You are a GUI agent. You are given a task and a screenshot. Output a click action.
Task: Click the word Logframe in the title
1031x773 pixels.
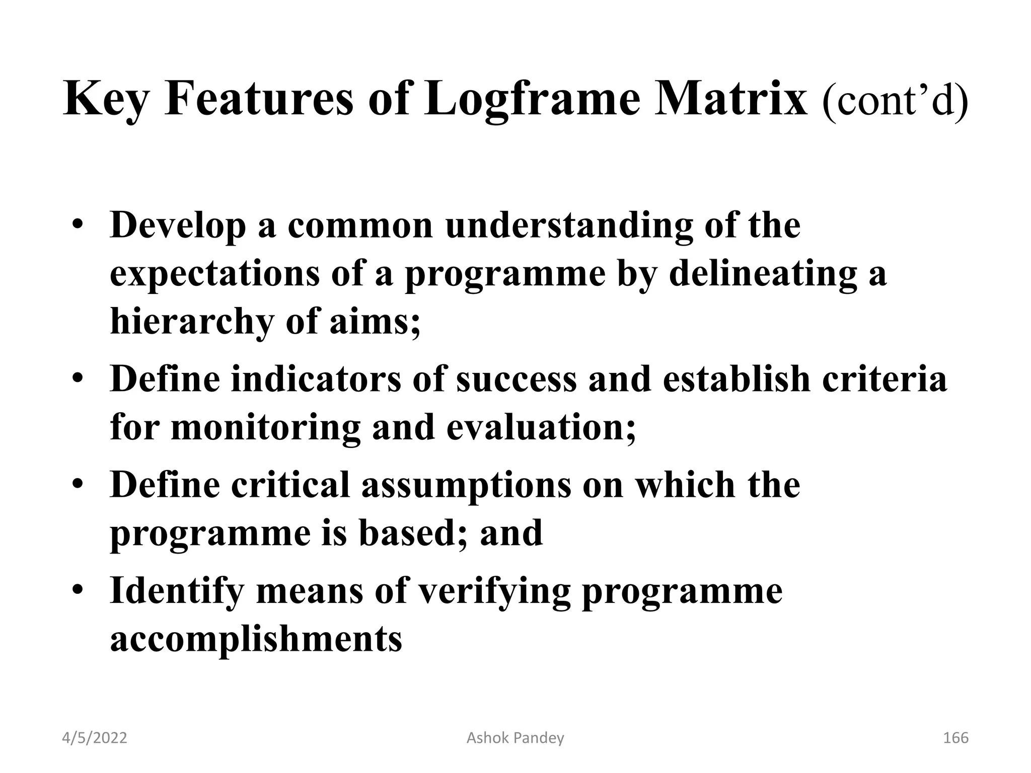click(x=532, y=100)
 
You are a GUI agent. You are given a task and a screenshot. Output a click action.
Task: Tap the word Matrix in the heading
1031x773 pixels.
click(x=730, y=100)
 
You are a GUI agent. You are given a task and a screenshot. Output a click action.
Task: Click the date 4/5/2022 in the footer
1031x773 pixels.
click(x=95, y=738)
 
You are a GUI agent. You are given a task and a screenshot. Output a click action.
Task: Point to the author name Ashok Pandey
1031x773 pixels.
click(x=515, y=738)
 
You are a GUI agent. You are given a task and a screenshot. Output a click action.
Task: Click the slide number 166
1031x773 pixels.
click(x=955, y=738)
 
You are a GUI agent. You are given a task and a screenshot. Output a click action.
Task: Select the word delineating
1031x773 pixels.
click(x=762, y=274)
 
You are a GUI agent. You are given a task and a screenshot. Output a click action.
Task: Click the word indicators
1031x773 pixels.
click(x=316, y=379)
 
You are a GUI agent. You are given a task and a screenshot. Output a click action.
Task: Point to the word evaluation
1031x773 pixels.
click(x=541, y=427)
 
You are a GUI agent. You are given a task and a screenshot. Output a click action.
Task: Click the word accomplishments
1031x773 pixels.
click(x=256, y=639)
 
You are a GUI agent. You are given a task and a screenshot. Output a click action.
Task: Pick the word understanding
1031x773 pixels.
click(x=568, y=226)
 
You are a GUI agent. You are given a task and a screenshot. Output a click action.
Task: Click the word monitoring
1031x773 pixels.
click(x=266, y=427)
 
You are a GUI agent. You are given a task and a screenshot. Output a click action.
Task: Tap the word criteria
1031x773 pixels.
click(x=885, y=379)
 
